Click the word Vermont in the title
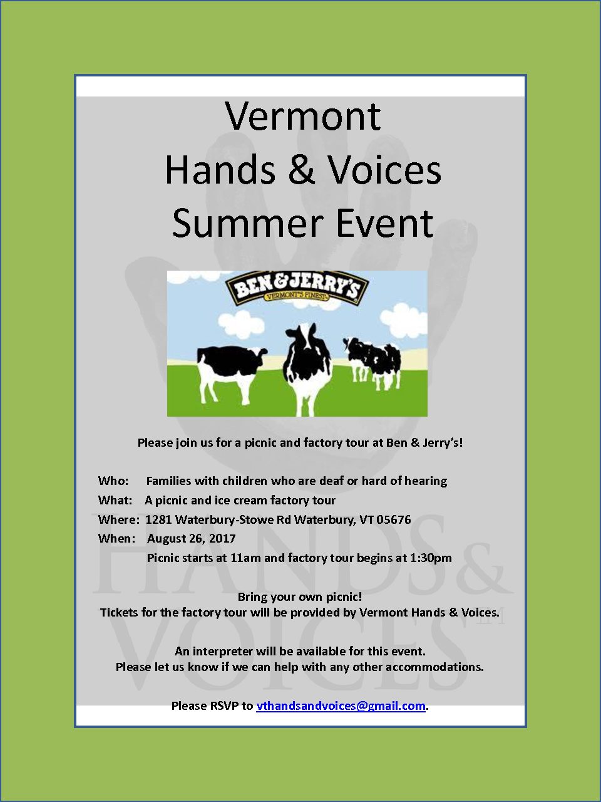pyautogui.click(x=303, y=116)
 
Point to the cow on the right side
pyautogui.click(x=372, y=362)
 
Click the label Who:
pyautogui.click(x=113, y=481)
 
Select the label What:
pyautogui.click(x=115, y=500)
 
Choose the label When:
pyautogui.click(x=116, y=539)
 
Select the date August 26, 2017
pyautogui.click(x=191, y=539)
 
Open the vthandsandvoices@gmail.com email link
pyautogui.click(x=341, y=706)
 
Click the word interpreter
pyautogui.click(x=223, y=652)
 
